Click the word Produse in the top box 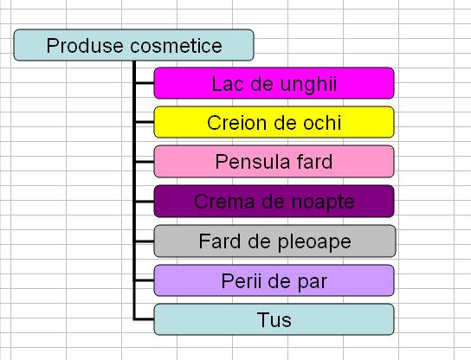[85, 46]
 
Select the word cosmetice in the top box [176, 46]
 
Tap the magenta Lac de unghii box [274, 83]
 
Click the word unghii [309, 85]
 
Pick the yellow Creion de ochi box [274, 122]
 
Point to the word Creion [230, 123]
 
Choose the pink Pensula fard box [274, 162]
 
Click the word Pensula [252, 162]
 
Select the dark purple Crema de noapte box [274, 201]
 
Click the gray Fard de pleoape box [274, 241]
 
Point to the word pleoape [314, 242]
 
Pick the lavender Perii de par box [274, 280]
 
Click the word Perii [242, 281]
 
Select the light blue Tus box [274, 319]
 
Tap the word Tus [274, 320]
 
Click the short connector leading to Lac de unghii [145, 83]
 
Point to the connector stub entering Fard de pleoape [145, 241]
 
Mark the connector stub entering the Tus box [145, 318]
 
